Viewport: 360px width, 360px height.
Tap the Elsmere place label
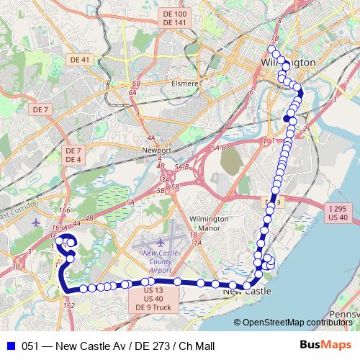(185, 83)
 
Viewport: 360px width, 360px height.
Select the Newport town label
(157, 150)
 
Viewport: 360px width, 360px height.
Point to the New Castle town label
(247, 292)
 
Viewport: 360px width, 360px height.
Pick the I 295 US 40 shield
(338, 212)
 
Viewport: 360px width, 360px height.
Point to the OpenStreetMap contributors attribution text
(297, 323)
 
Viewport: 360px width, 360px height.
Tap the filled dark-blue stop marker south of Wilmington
(287, 119)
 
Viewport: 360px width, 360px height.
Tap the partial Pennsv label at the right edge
(346, 314)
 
